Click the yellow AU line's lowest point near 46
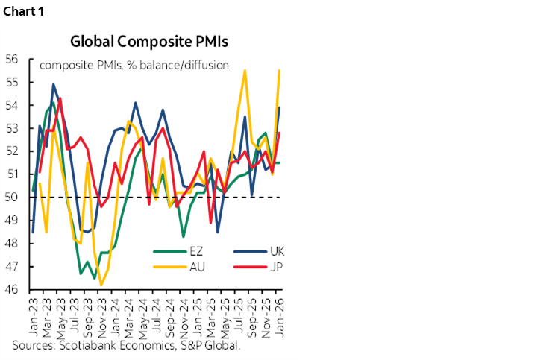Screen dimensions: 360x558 tap(101, 285)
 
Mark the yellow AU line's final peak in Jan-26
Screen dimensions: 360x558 tap(279, 70)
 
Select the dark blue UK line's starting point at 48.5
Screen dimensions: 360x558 tap(33, 232)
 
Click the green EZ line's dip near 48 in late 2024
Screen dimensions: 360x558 tap(184, 236)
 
